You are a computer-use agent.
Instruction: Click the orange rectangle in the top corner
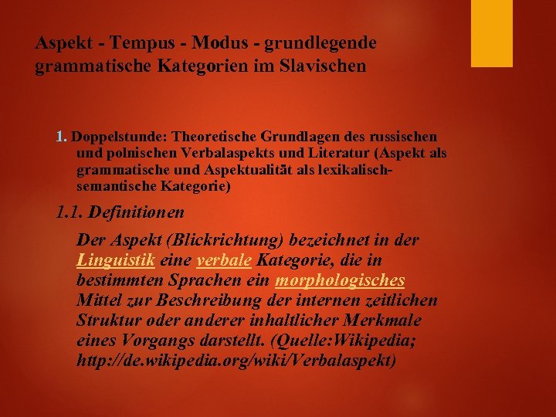492,33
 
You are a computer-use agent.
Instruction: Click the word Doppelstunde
114,137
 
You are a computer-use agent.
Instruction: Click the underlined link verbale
224,260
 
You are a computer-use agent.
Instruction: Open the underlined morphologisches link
339,280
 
